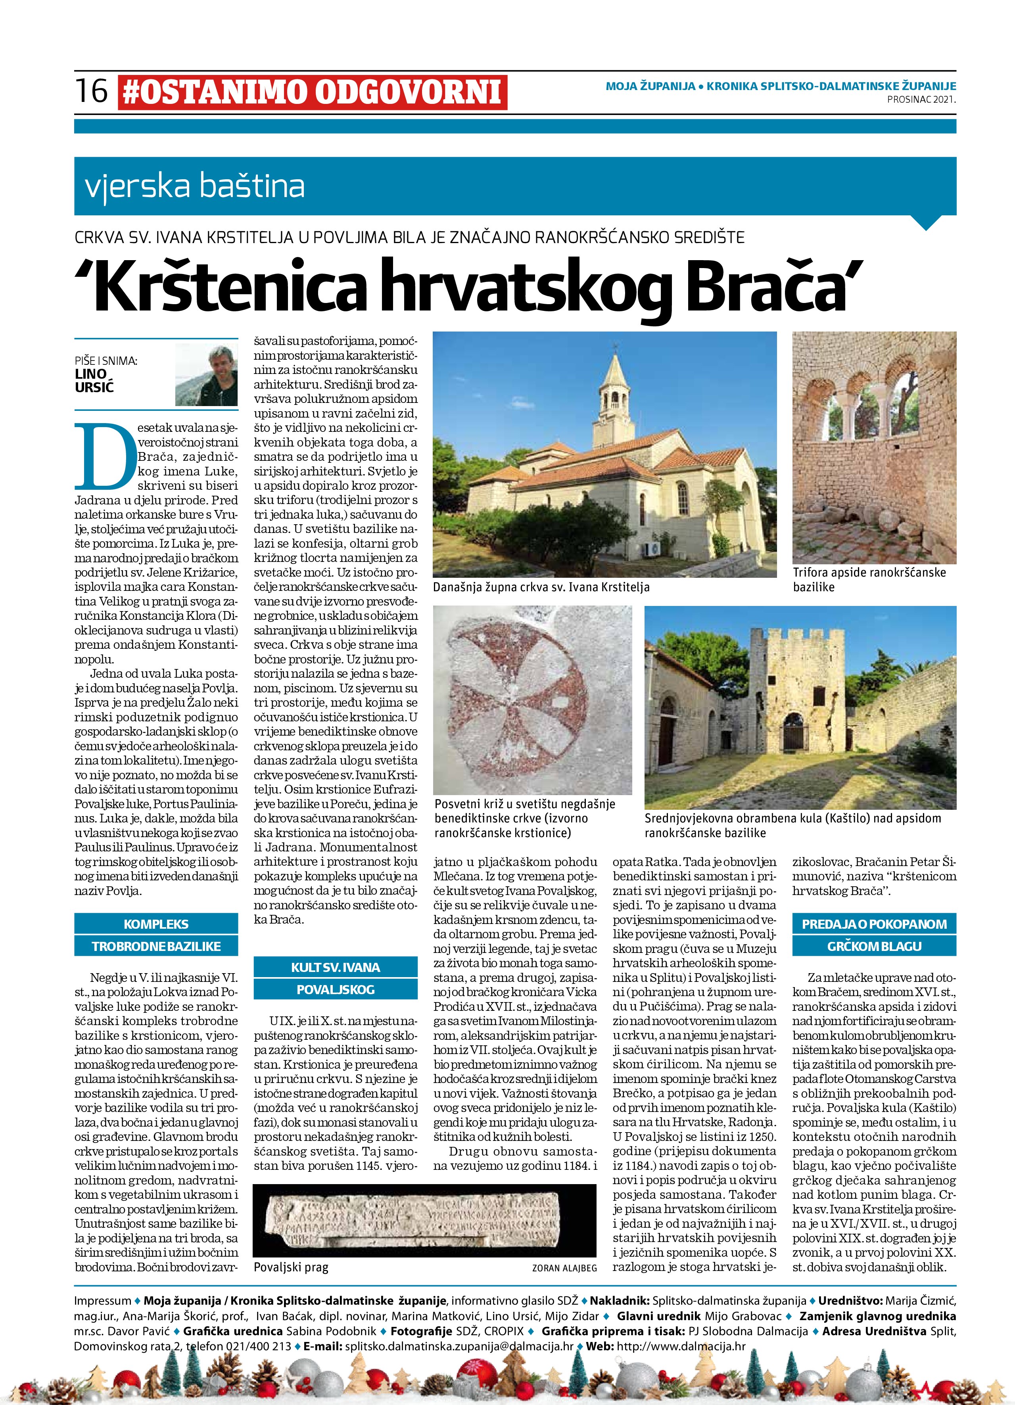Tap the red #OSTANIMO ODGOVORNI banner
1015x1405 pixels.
(312, 92)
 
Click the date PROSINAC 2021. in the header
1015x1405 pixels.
(921, 99)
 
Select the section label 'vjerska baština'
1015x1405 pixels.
(195, 186)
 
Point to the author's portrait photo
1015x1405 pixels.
(206, 375)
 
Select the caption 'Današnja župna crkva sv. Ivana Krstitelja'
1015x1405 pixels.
(541, 586)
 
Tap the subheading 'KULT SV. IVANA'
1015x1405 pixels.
(335, 968)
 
